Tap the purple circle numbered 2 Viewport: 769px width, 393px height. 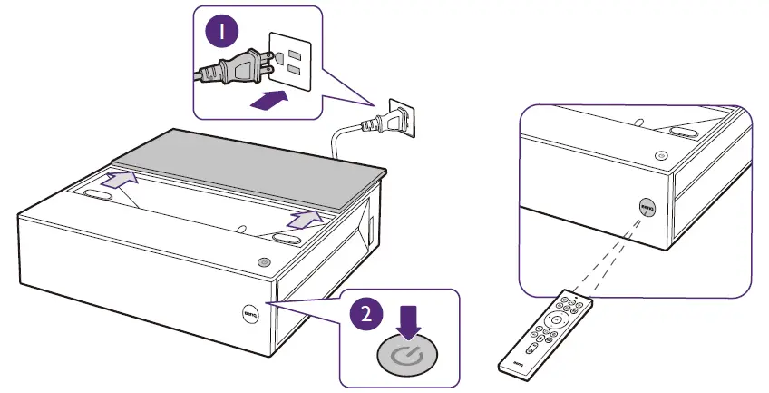(x=365, y=314)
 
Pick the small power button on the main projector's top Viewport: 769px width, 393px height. (x=264, y=262)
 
